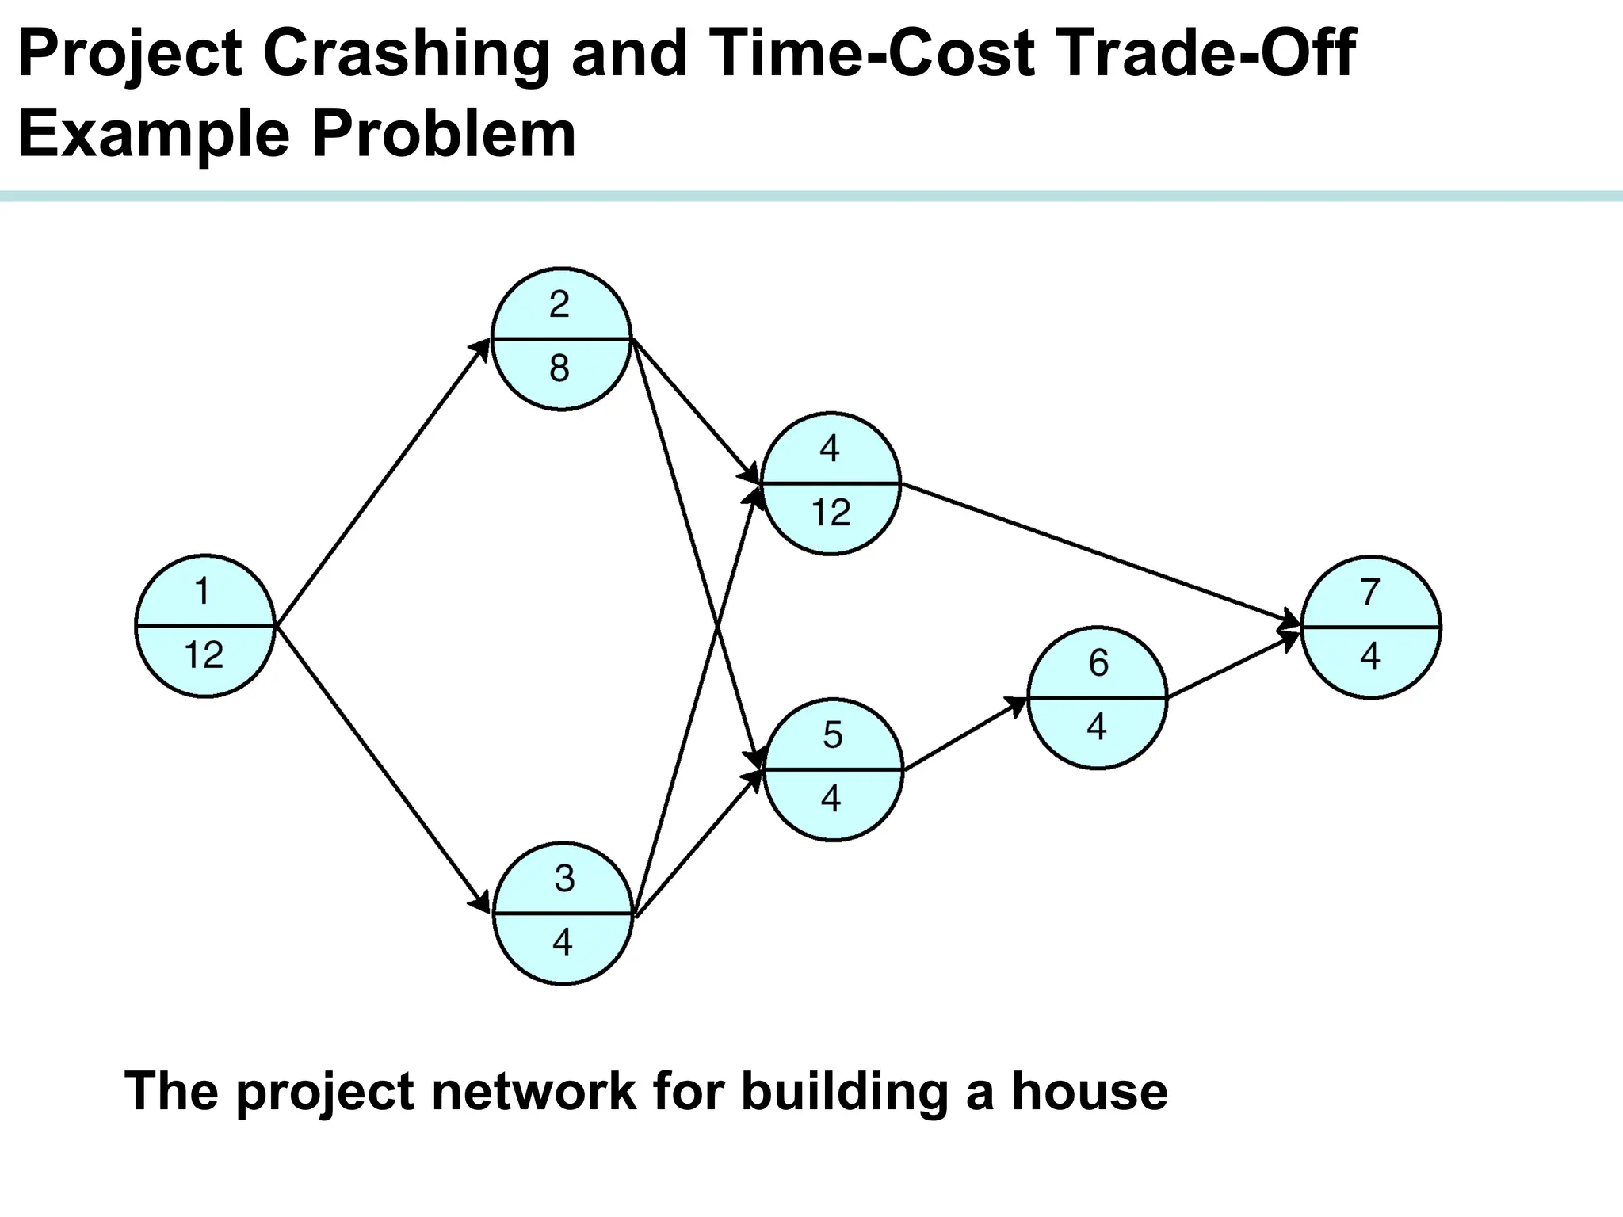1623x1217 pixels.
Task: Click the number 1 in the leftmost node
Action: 203,591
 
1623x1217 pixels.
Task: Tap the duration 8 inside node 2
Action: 559,368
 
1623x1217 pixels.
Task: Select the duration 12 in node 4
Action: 831,513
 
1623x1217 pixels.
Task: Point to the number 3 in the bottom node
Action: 564,879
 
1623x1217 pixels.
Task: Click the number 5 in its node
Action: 832,735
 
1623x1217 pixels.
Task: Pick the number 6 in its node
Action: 1098,662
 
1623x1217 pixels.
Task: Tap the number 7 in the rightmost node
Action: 1370,592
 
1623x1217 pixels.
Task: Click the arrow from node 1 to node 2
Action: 383,483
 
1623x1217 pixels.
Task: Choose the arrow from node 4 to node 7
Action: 1101,554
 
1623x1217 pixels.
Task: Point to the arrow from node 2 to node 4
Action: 696,411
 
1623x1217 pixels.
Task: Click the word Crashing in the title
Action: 407,54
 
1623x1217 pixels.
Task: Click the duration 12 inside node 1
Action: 204,655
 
